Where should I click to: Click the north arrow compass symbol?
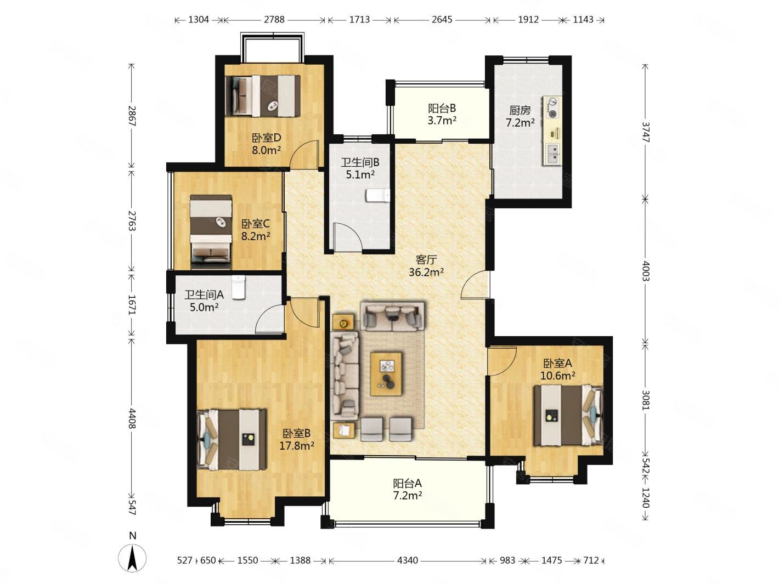click(x=132, y=558)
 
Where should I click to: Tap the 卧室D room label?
click(x=267, y=137)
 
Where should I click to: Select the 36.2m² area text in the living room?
click(x=426, y=273)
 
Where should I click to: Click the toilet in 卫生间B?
click(x=377, y=195)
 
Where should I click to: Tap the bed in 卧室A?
click(x=568, y=415)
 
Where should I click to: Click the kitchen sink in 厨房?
click(x=552, y=154)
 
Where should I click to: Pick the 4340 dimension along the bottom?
click(x=407, y=560)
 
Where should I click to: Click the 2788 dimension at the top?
click(x=274, y=20)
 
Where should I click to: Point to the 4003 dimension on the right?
click(x=646, y=271)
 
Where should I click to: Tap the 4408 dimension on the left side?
click(x=132, y=418)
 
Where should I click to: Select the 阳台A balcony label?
click(x=407, y=483)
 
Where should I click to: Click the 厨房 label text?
click(x=520, y=111)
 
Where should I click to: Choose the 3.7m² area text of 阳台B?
click(x=442, y=121)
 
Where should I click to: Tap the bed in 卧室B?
click(x=232, y=440)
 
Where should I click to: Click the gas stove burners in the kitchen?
click(x=552, y=108)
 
